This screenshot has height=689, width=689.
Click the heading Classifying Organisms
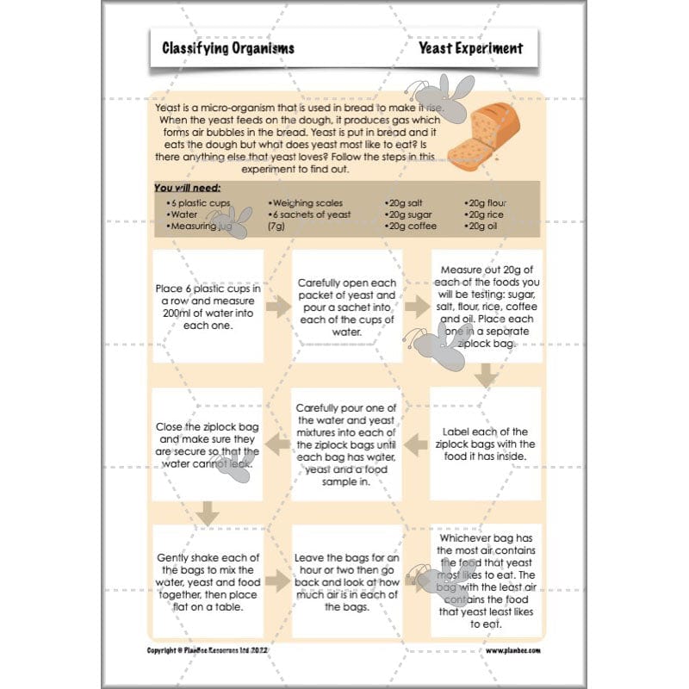coord(228,48)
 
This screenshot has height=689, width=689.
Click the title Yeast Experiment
coord(470,48)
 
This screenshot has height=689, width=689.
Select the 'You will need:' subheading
coord(187,187)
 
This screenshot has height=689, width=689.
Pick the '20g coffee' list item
coord(413,226)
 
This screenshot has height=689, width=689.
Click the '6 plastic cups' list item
coord(199,202)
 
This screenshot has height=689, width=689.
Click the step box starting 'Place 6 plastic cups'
coord(208,306)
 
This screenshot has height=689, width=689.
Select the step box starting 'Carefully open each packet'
coord(346,306)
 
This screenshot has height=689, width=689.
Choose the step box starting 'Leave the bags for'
coord(346,581)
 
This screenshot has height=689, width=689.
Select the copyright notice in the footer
coord(221,650)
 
